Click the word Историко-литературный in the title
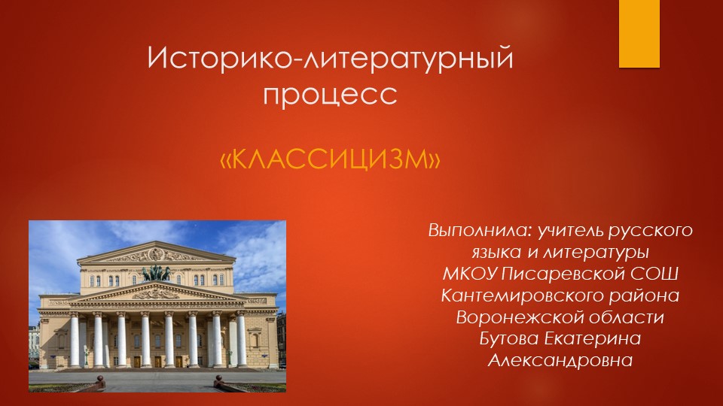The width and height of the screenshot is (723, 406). point(330,59)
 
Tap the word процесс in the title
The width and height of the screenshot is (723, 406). point(330,94)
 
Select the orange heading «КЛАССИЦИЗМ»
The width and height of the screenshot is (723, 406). point(329,159)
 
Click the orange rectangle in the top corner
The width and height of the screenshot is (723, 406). point(639,33)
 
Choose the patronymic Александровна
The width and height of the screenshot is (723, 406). point(560,360)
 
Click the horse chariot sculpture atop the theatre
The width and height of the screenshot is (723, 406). point(156,272)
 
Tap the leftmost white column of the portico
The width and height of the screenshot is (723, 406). point(74,338)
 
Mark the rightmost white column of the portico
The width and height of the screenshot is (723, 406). point(240,338)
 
